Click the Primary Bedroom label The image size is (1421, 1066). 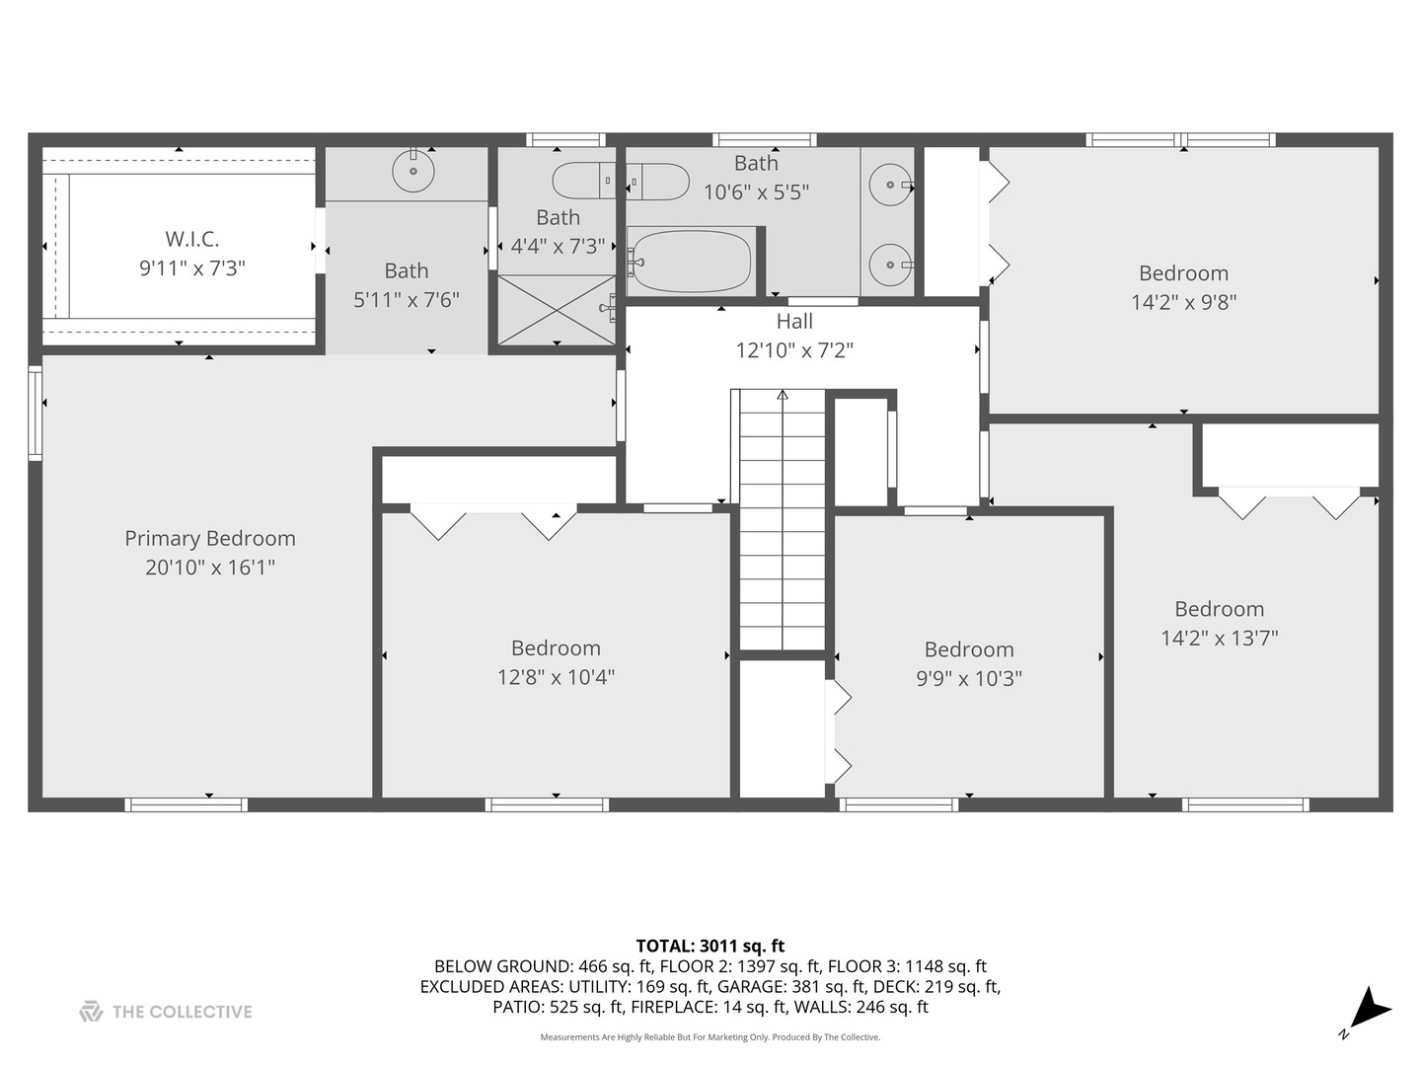coord(209,538)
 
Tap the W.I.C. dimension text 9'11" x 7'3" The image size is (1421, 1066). coord(191,267)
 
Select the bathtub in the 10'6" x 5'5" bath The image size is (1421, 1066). coord(691,262)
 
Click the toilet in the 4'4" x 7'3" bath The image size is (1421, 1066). coord(620,182)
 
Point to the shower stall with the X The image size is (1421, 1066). coord(557,310)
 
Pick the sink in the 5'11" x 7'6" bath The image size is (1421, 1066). coord(412,173)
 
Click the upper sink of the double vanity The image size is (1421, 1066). coord(891,185)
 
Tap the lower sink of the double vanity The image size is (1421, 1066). coord(891,264)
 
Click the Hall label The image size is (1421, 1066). coord(794,321)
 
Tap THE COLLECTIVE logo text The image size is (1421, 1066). coord(182,1012)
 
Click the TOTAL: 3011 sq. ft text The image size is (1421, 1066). coord(710,947)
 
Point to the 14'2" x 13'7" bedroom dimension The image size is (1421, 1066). coord(1219,638)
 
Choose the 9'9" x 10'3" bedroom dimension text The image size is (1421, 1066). coord(968,678)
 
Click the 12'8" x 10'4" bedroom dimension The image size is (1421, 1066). coord(556,677)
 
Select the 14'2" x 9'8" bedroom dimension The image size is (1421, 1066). coord(1183,302)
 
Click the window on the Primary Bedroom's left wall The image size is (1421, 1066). coord(35,413)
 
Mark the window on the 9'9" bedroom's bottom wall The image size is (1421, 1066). coord(898,804)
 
